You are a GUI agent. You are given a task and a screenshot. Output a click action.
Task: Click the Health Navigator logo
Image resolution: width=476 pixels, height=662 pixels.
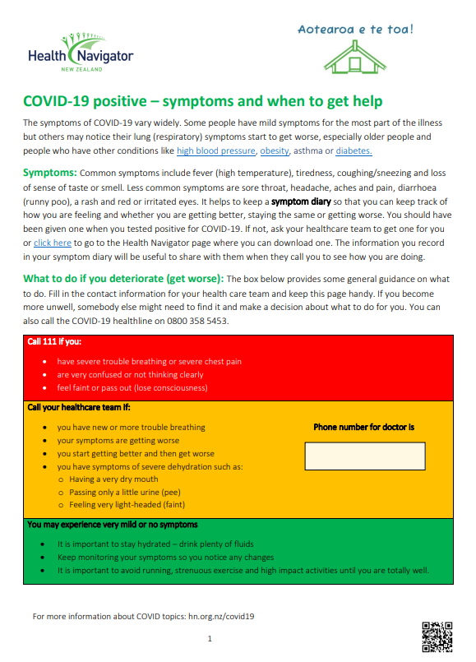point(80,53)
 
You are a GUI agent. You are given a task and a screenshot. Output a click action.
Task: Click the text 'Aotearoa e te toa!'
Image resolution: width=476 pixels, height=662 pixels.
point(356,30)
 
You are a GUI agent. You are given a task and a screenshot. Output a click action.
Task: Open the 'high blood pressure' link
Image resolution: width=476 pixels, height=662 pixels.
point(216,150)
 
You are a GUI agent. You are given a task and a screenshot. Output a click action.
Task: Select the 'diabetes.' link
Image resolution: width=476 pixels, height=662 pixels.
point(354,150)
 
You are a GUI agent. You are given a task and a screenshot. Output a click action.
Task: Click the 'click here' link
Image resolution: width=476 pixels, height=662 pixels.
point(52,243)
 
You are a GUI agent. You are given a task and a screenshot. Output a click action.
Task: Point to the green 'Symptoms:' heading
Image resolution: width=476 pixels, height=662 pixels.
point(50,173)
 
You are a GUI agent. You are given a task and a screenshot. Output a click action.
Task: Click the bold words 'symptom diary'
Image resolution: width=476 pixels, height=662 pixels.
point(303,201)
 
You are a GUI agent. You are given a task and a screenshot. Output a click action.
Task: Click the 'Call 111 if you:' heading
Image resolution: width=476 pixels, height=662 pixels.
point(54,341)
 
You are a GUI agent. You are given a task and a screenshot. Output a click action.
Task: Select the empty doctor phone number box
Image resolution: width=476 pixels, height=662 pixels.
point(364,455)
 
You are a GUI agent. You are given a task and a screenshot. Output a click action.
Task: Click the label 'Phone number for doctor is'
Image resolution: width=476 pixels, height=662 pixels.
point(363,427)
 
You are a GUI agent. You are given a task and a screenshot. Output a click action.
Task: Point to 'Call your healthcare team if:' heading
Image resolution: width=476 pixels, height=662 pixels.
point(79,407)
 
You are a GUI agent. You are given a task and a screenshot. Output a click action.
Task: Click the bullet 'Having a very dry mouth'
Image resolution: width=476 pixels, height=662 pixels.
point(113,479)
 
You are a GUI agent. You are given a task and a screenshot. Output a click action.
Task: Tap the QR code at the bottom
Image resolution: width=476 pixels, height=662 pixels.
point(437,637)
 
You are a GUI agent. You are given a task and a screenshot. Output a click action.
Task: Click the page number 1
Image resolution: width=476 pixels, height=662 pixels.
point(210,638)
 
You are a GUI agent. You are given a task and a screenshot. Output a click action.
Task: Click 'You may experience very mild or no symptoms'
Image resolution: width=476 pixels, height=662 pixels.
point(112,524)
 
